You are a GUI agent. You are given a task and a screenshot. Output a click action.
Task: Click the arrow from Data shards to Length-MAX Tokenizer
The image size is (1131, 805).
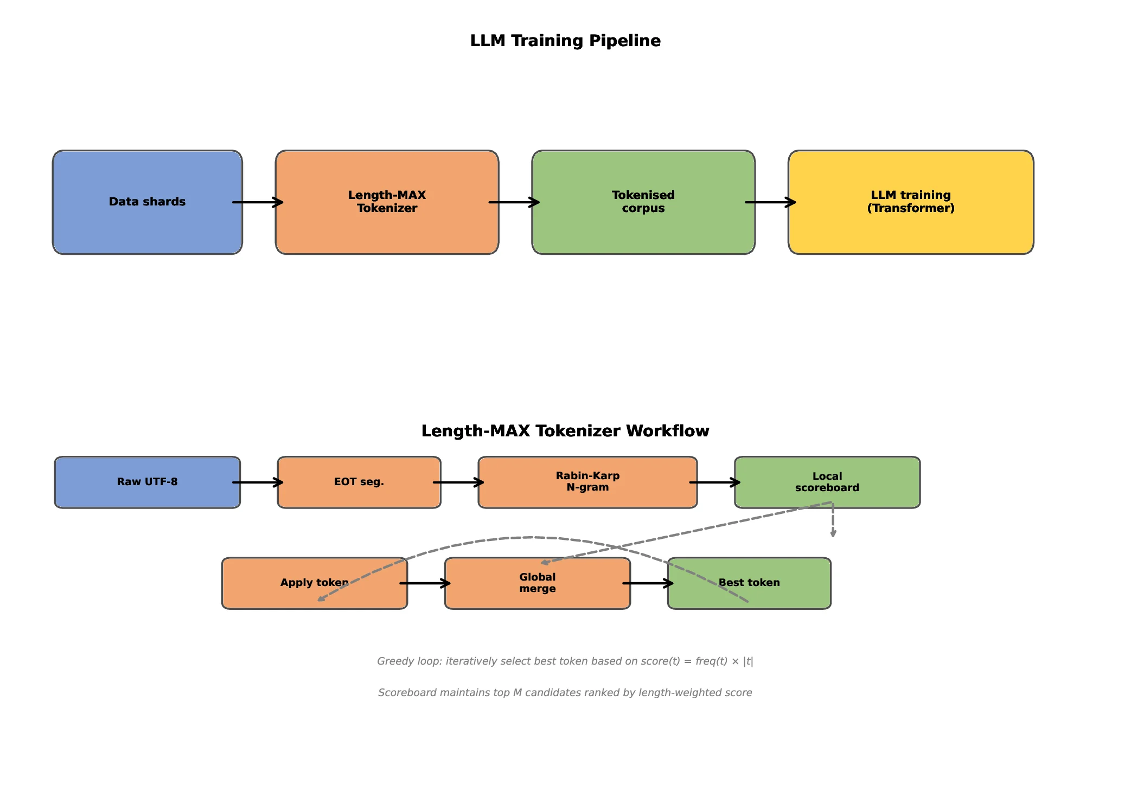click(x=258, y=202)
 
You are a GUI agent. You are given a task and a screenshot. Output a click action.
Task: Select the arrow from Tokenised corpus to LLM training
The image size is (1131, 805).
click(x=771, y=202)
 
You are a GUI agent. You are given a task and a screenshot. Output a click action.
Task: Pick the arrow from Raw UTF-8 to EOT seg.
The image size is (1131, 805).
click(x=258, y=482)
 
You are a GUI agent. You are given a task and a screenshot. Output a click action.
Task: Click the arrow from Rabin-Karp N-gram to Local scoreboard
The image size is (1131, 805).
click(x=715, y=482)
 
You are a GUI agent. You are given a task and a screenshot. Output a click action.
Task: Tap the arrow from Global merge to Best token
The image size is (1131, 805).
click(x=648, y=583)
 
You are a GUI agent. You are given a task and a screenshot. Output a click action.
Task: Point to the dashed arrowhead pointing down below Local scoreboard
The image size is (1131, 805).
click(x=833, y=533)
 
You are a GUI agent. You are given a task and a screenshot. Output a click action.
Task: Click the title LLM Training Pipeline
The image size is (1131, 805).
click(x=565, y=41)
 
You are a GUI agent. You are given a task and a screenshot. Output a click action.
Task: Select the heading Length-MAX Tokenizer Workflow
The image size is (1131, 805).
click(x=565, y=431)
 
